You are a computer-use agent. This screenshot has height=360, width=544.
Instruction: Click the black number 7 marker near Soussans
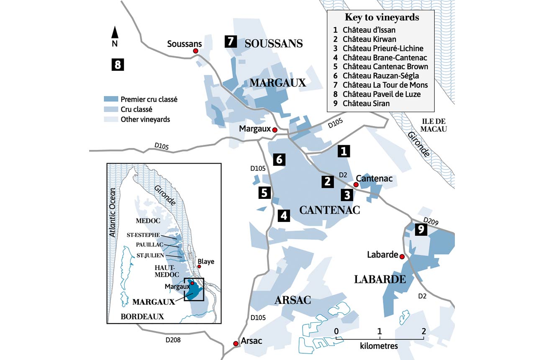(231, 41)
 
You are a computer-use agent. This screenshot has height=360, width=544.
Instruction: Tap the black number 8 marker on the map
(118, 64)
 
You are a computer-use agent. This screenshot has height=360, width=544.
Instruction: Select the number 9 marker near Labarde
(421, 229)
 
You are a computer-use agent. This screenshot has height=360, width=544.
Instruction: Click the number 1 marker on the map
(344, 151)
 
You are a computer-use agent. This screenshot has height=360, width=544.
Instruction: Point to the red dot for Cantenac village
(356, 185)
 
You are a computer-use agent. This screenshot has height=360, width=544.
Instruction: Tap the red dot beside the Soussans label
(195, 51)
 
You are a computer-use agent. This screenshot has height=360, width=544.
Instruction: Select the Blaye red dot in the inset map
(199, 267)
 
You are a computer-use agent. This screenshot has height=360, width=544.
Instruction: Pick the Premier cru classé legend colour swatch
(110, 100)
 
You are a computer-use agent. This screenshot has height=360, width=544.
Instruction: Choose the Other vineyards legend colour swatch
(110, 119)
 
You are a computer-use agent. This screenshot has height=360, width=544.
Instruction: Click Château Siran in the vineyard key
(366, 103)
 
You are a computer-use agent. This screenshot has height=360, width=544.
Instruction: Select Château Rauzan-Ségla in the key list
(380, 76)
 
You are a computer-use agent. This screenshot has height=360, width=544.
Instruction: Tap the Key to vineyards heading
(382, 18)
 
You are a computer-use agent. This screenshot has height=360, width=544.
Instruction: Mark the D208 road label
(172, 340)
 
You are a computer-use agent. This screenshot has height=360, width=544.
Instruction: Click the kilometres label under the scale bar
(379, 347)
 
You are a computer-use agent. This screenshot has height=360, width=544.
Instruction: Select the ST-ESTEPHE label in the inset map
(143, 235)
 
